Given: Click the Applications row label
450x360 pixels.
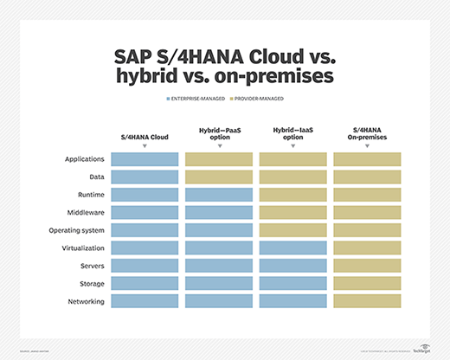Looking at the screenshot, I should point(85,159).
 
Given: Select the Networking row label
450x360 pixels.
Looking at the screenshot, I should point(86,301).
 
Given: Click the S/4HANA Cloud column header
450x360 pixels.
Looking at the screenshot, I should point(145,137).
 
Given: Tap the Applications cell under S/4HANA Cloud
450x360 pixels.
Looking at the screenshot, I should point(145,159).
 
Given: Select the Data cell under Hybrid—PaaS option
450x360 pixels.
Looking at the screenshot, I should point(219,177).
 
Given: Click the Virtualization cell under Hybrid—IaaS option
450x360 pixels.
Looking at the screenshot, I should point(292,247).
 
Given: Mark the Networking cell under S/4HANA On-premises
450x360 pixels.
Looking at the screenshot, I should point(367,301).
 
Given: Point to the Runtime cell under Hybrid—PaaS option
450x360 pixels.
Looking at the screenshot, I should point(219,195).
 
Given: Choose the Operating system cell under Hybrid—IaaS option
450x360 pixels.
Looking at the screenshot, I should point(292,230).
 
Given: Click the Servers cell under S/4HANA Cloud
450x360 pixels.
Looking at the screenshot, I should point(145,266).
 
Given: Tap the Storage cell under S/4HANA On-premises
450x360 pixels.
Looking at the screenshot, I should point(367,283).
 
